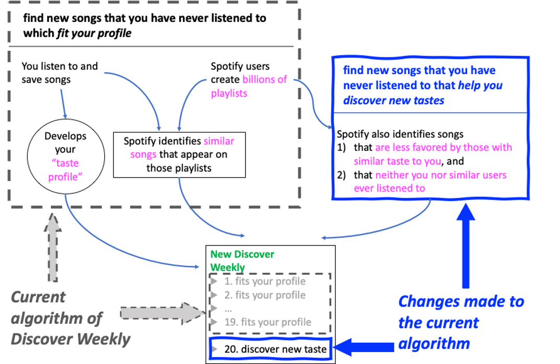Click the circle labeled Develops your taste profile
pos(65,156)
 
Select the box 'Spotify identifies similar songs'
pos(179,155)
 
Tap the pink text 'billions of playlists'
pos(249,87)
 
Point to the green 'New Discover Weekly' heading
pos(242,261)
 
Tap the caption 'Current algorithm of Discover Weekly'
pos(69,318)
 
